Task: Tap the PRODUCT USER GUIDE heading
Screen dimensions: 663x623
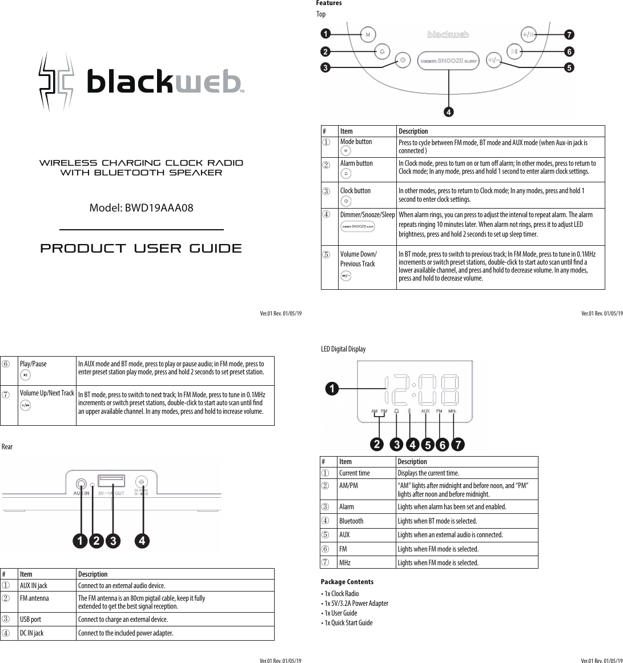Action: point(141,249)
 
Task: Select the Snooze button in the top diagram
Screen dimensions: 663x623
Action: point(449,61)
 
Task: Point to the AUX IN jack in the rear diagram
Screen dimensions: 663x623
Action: point(82,482)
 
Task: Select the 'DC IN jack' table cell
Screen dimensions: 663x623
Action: point(32,633)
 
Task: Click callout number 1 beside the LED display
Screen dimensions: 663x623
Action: point(330,389)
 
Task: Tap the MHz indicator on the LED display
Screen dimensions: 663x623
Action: point(452,411)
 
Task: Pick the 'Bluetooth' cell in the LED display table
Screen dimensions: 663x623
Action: point(351,521)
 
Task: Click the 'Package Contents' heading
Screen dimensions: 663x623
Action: point(347,582)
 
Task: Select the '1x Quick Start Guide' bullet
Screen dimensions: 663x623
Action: point(348,623)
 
